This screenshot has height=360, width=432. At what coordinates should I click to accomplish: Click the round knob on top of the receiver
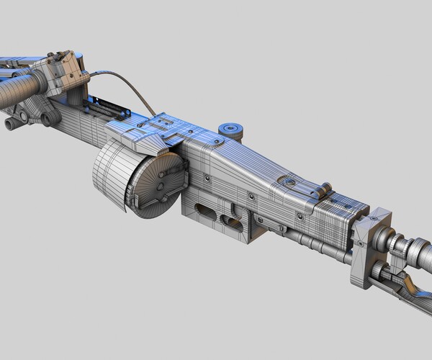231,129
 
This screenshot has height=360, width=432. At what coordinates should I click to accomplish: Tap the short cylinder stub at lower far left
12,124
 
